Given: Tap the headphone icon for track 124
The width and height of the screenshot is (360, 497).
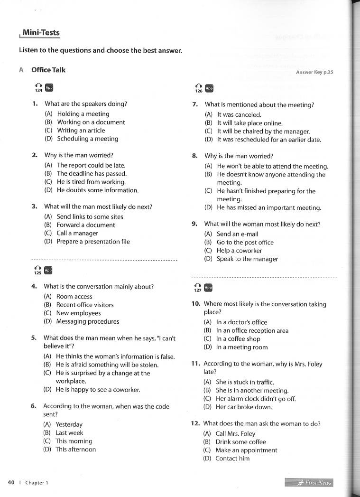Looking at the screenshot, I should (38, 84).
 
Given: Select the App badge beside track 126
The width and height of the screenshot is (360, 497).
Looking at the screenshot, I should (209, 88).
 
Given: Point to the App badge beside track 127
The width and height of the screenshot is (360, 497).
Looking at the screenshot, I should (208, 288).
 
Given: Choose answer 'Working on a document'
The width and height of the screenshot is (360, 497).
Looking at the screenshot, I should (91, 122).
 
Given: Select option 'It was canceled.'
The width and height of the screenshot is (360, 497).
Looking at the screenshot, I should (239, 114).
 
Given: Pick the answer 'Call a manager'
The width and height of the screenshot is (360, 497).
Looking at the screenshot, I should (77, 233).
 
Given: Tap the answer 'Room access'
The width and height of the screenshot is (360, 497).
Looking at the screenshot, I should (74, 296).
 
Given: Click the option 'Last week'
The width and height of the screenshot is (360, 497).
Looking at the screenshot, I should (69, 432).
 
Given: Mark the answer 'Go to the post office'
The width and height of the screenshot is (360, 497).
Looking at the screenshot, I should (245, 242).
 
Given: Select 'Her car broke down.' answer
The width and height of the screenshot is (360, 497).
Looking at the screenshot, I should (244, 407).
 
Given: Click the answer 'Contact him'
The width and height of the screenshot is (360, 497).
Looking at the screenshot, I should (232, 459).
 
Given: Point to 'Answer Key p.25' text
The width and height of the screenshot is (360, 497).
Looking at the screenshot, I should (314, 72).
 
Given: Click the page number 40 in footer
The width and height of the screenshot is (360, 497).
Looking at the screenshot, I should (11, 482).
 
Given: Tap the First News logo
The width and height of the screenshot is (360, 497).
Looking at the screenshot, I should (309, 483).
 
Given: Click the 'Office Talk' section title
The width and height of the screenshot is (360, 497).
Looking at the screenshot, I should (48, 70).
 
